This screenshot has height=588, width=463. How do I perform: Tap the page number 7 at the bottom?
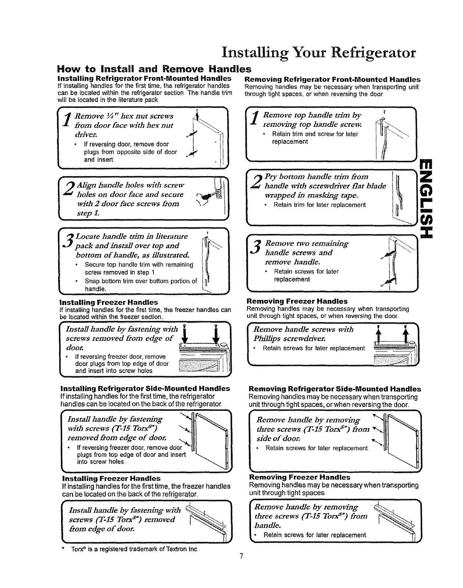tap(240, 556)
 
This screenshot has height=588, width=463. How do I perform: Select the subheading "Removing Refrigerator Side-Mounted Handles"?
tap(335, 389)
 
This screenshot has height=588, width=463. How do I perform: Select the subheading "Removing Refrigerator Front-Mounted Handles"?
tap(333, 79)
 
